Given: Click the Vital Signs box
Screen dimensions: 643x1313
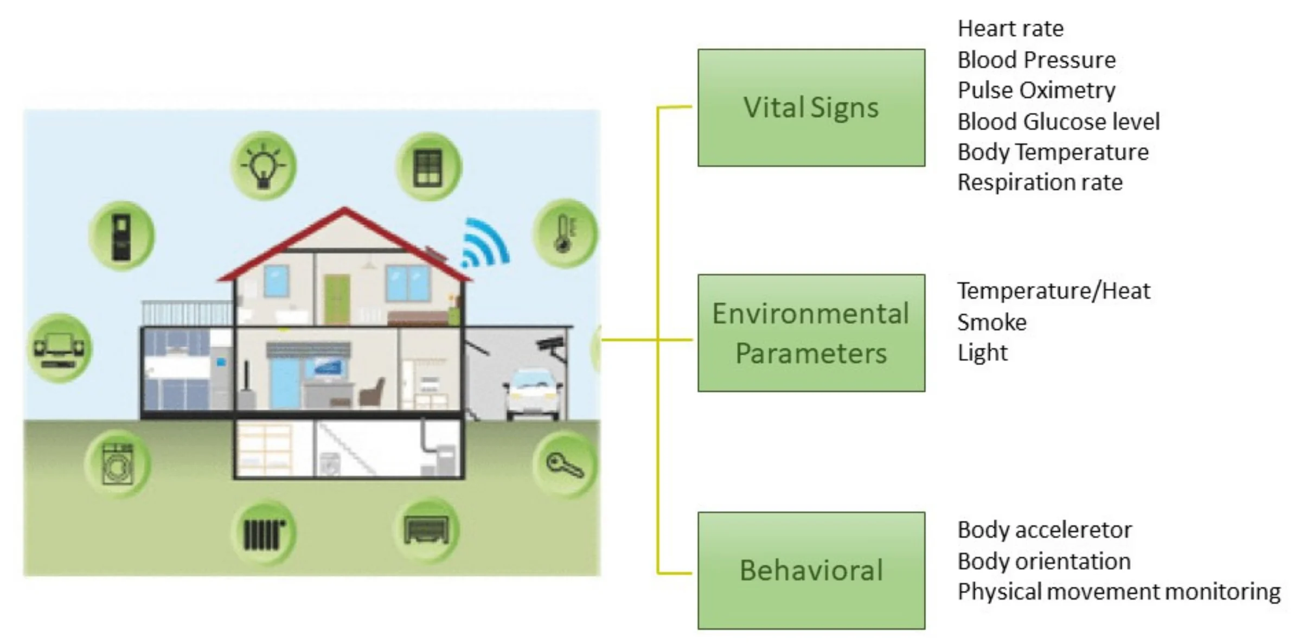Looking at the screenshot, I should pyautogui.click(x=811, y=107).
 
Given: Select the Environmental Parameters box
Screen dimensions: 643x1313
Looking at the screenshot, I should pyautogui.click(x=811, y=333).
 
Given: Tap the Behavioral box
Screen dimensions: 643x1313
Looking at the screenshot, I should pyautogui.click(x=811, y=570).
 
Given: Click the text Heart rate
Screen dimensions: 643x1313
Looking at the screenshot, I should pyautogui.click(x=1010, y=29).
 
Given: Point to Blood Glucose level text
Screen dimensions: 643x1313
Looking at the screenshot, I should pyautogui.click(x=1058, y=122).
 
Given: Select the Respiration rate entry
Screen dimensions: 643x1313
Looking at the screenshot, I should pyautogui.click(x=1040, y=182).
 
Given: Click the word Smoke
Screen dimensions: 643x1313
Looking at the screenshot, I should pyautogui.click(x=991, y=322).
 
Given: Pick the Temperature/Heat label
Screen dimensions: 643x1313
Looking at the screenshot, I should pyautogui.click(x=1053, y=291).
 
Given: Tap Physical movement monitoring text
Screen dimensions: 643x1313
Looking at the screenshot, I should pyautogui.click(x=1118, y=591).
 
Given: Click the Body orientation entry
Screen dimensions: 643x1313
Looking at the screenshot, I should pyautogui.click(x=1044, y=561).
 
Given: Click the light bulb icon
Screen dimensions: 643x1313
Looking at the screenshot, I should pyautogui.click(x=264, y=165).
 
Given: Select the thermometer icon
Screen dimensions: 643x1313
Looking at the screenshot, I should pyautogui.click(x=565, y=233).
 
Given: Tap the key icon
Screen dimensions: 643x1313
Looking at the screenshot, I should pyautogui.click(x=565, y=465).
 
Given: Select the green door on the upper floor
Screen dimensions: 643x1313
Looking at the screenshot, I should pyautogui.click(x=336, y=300).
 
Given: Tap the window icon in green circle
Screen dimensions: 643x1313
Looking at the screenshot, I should pyautogui.click(x=428, y=167).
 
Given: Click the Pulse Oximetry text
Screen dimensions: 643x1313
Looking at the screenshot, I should pyautogui.click(x=1036, y=91).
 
